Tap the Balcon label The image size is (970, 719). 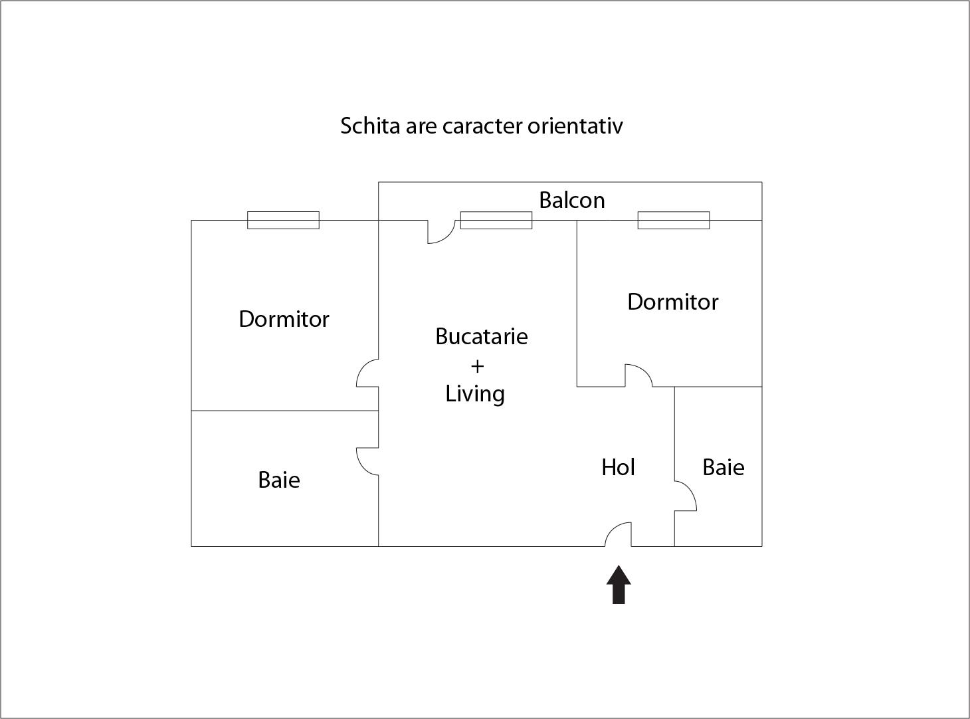[x=571, y=200]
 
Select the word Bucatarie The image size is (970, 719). [x=481, y=336]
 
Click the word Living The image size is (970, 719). [x=474, y=393]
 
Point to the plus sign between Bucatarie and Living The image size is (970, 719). [x=477, y=366]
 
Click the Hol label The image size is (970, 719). [x=618, y=467]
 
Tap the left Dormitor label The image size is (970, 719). [x=284, y=319]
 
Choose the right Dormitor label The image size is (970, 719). [x=672, y=302]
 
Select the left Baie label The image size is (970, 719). [x=278, y=480]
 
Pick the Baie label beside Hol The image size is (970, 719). [x=723, y=467]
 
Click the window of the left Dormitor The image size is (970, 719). [x=283, y=220]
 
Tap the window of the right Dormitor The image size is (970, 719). [x=673, y=220]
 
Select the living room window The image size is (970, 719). [x=496, y=220]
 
